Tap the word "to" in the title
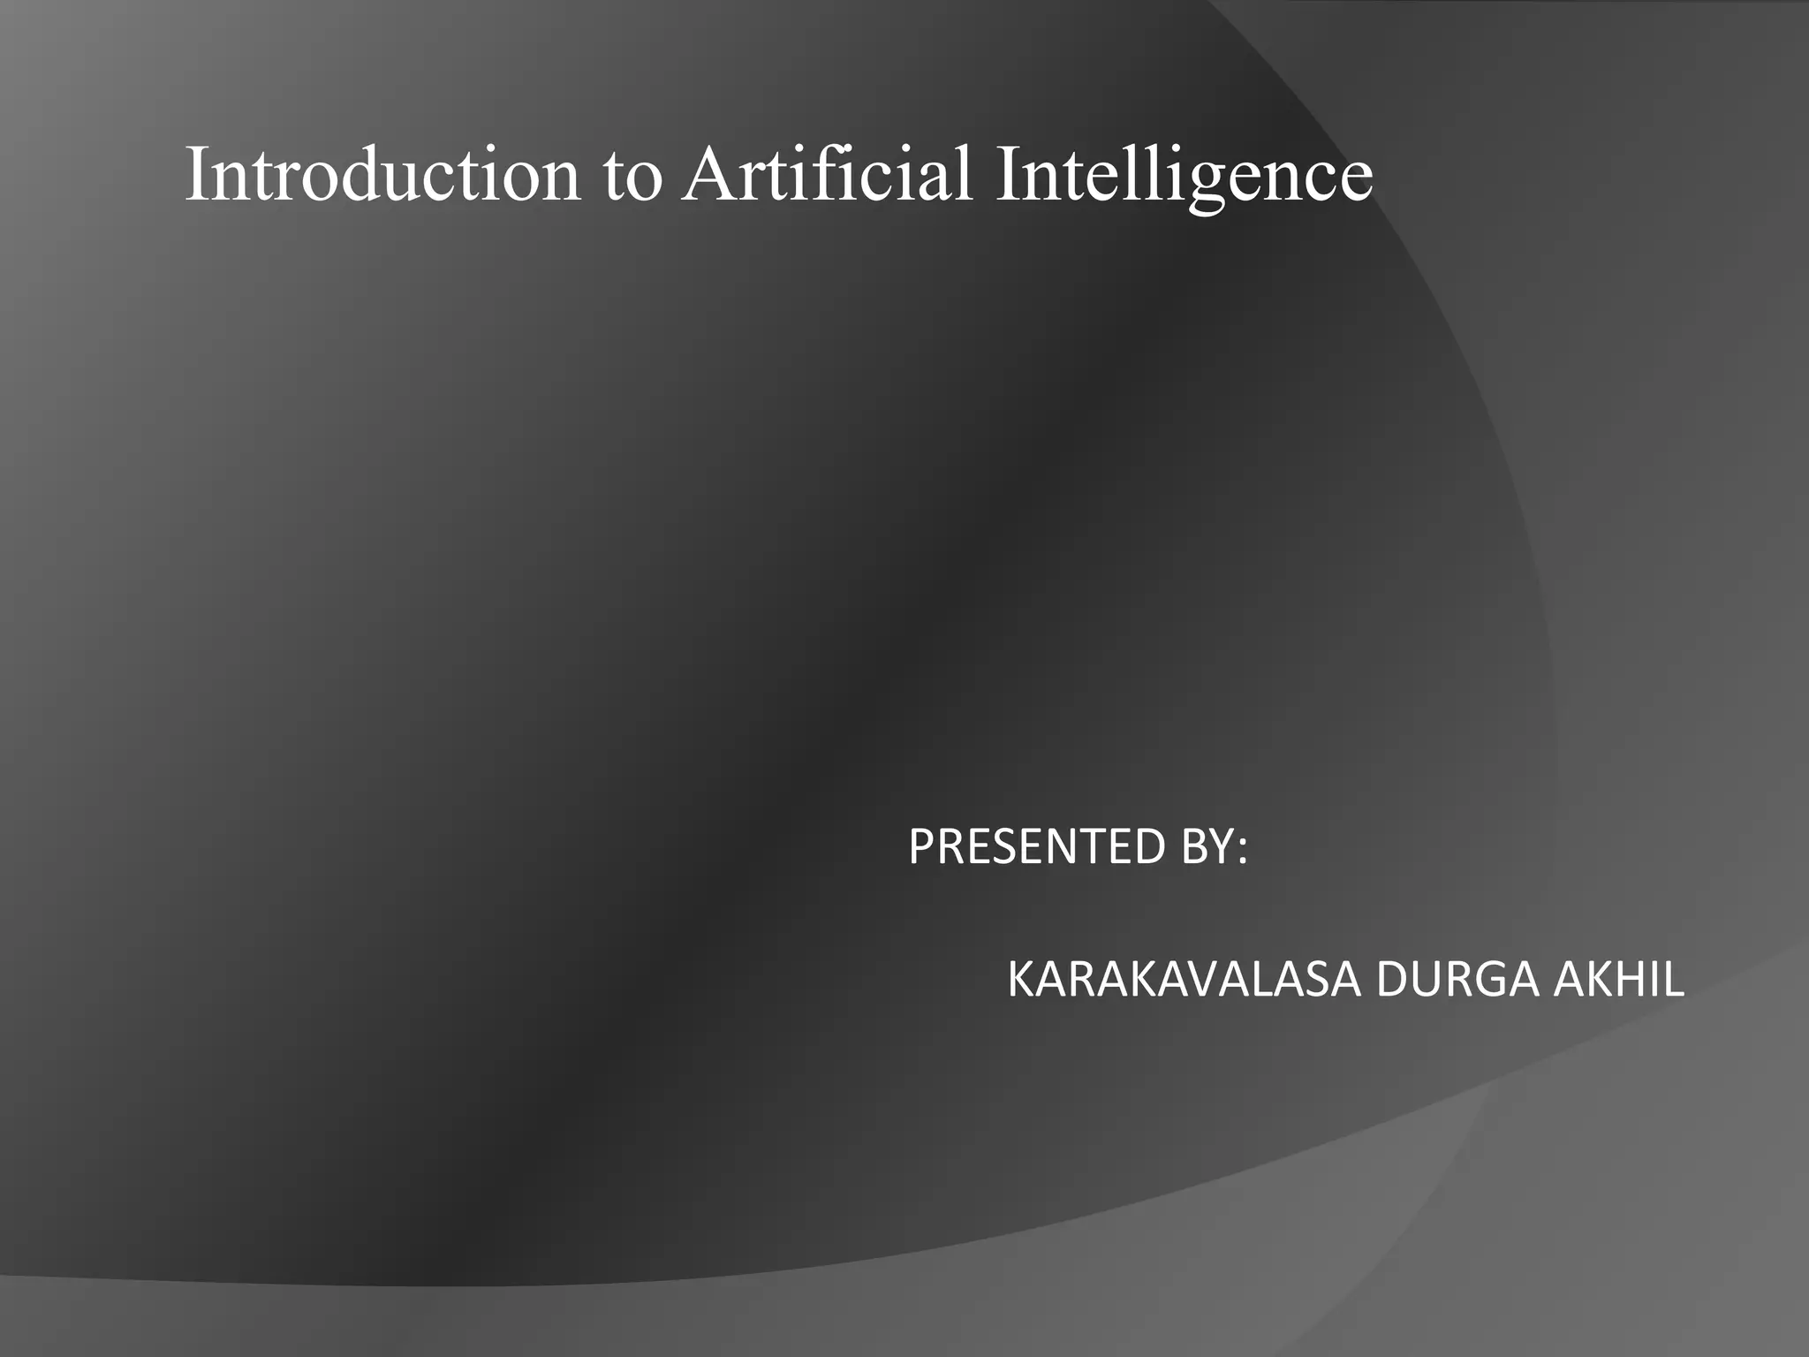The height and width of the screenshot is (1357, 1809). click(632, 176)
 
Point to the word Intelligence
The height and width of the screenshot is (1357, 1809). click(1184, 174)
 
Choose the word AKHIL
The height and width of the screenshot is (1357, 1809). click(1618, 981)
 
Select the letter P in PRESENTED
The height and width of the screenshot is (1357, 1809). click(920, 847)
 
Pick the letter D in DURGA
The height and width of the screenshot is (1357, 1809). click(1390, 981)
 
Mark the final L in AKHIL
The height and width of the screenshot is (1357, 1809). click(1675, 981)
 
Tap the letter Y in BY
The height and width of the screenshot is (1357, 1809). click(1222, 847)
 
